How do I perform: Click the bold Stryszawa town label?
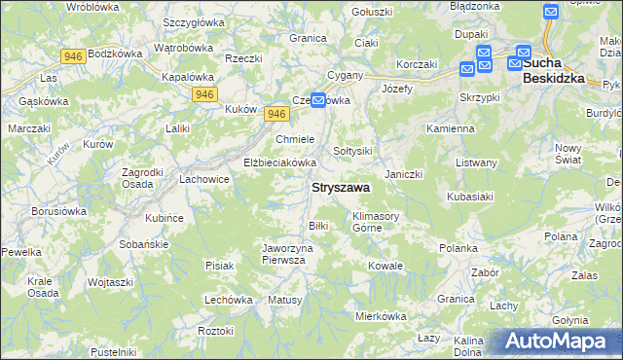point(340,187)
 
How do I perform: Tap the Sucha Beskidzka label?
point(556,72)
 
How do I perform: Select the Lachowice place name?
point(203,179)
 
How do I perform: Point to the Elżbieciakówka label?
point(280,162)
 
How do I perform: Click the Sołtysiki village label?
point(353,151)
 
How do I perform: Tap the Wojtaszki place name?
point(110,281)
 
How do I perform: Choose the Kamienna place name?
point(450,127)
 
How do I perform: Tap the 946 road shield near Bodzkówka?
point(72,56)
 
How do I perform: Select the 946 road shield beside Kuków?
point(275,114)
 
